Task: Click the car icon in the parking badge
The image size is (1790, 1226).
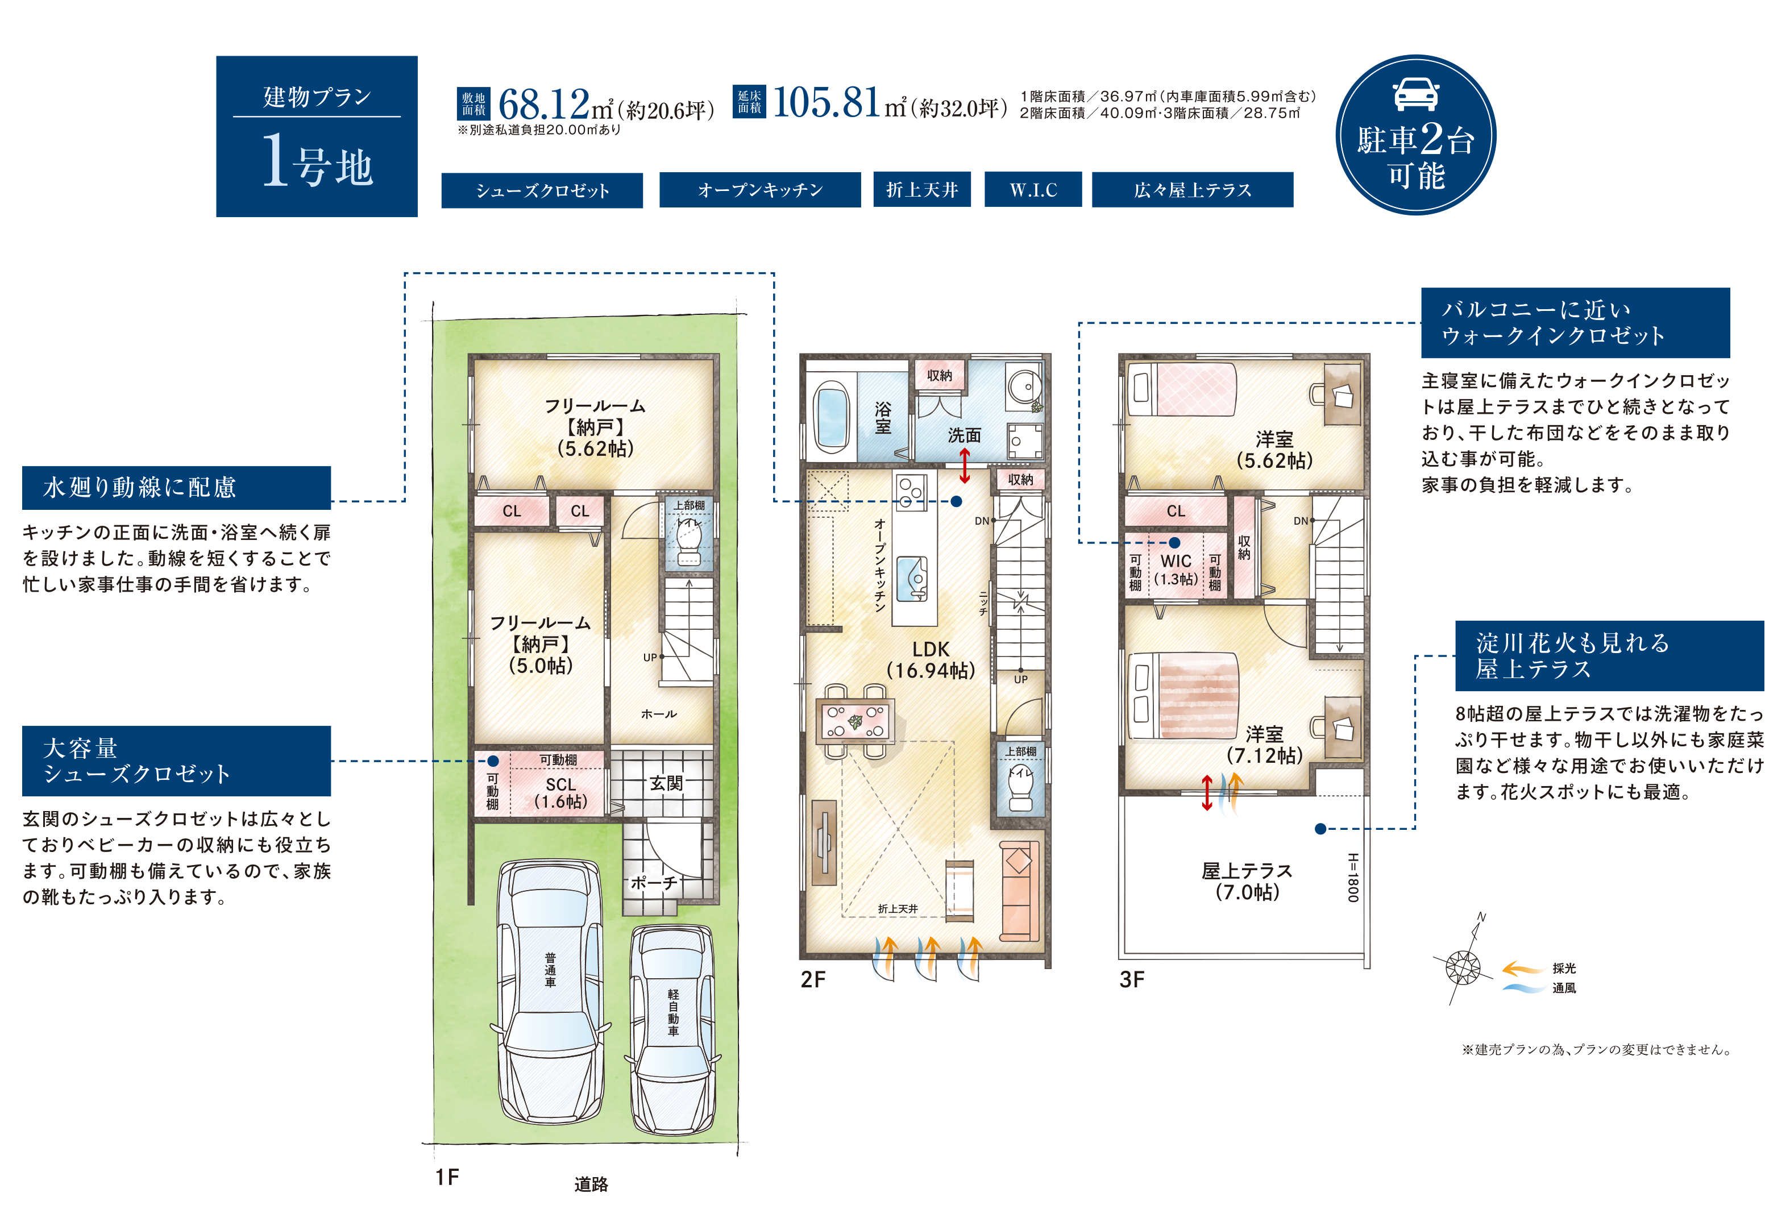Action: pyautogui.click(x=1415, y=94)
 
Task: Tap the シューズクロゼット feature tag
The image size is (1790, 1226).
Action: pyautogui.click(x=542, y=190)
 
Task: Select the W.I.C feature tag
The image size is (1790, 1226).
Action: pyautogui.click(x=1032, y=189)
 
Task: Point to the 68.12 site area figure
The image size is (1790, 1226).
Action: pyautogui.click(x=544, y=104)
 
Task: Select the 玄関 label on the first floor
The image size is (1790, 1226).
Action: pyautogui.click(x=666, y=783)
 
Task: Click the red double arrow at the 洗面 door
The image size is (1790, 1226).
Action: pyautogui.click(x=964, y=466)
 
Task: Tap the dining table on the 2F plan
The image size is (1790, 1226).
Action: pyautogui.click(x=855, y=720)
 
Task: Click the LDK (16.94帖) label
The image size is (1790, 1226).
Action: pyautogui.click(x=931, y=660)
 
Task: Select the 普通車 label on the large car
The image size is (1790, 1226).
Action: pyautogui.click(x=550, y=970)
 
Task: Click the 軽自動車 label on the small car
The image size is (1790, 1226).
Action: pyautogui.click(x=673, y=1013)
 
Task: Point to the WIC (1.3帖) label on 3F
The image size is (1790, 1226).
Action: pyautogui.click(x=1176, y=570)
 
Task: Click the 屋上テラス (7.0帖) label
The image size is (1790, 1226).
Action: pyautogui.click(x=1247, y=881)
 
